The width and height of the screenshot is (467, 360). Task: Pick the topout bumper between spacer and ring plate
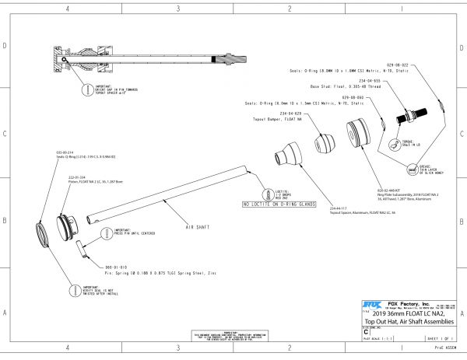click(x=325, y=143)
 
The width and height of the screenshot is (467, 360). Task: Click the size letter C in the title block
click(x=366, y=330)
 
